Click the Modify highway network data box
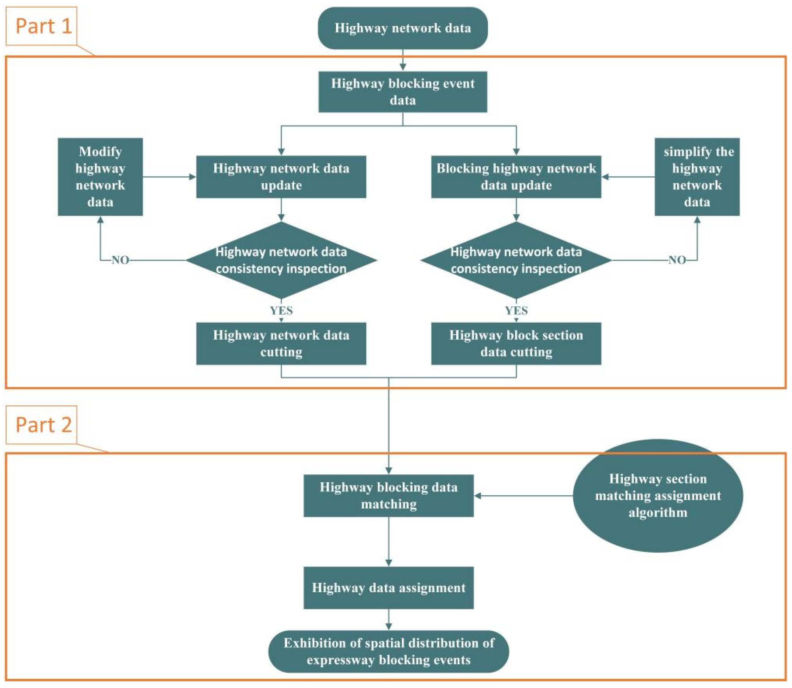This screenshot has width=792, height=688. [100, 177]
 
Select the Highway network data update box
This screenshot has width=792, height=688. [281, 177]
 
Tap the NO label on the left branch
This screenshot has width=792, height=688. [120, 260]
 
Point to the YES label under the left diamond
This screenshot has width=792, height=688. [281, 310]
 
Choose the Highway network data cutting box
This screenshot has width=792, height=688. [281, 343]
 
